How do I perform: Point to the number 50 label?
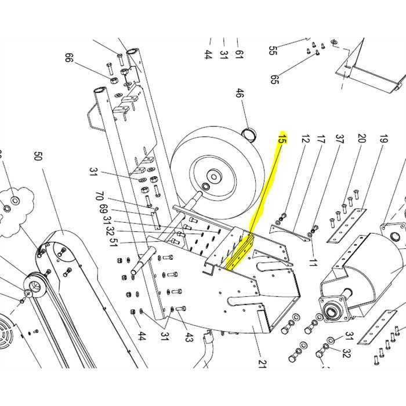[x=38, y=157]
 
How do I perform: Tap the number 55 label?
[x=272, y=50]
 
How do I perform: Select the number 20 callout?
[x=361, y=139]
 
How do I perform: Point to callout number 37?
[x=340, y=139]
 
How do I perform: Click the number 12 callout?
[x=305, y=139]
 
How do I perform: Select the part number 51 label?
[x=114, y=242]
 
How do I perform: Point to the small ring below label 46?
[x=250, y=135]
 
